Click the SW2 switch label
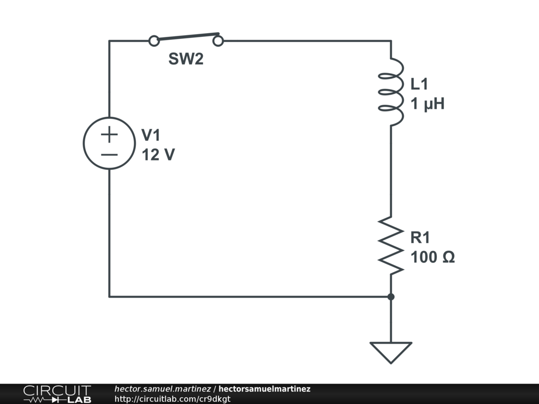[186, 59]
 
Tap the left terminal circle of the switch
[154, 41]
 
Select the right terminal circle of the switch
[218, 41]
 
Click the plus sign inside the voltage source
[109, 135]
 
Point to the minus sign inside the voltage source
[109, 155]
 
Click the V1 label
[151, 136]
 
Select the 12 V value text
[158, 155]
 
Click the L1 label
[420, 84]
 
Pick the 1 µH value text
[427, 104]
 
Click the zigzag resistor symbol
[391, 245]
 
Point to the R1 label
[421, 238]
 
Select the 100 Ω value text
[433, 258]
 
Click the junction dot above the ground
[391, 297]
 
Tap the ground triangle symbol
[391, 351]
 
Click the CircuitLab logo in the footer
[56, 394]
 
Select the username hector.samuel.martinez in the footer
[162, 389]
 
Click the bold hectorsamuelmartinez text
[264, 389]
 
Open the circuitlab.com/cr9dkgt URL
[172, 399]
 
